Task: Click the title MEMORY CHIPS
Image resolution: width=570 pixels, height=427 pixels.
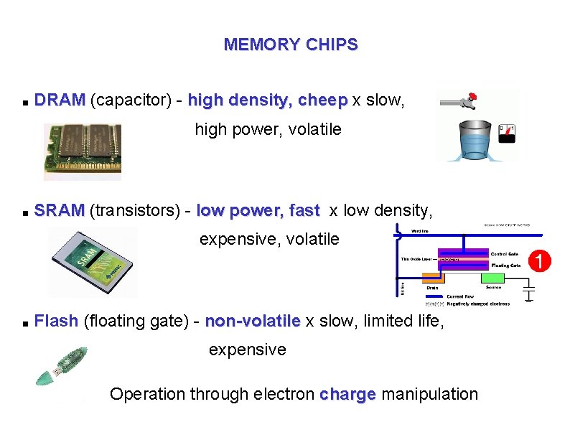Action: (291, 44)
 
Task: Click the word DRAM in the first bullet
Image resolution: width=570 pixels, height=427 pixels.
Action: (60, 100)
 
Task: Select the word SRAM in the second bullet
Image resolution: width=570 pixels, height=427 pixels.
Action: (59, 211)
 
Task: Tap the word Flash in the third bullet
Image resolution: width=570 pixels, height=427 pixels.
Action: (56, 321)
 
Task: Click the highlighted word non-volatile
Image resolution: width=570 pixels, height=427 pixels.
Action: (253, 321)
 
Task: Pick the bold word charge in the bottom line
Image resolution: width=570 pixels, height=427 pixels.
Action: (347, 394)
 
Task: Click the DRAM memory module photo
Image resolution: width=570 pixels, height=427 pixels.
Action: (83, 151)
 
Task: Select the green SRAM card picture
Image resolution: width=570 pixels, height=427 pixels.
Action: (92, 261)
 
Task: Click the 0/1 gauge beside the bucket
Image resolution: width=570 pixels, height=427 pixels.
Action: (507, 133)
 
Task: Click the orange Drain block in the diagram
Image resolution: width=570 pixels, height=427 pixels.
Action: (432, 278)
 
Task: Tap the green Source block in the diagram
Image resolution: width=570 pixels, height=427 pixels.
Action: (493, 278)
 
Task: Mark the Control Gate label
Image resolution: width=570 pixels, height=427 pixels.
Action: (505, 254)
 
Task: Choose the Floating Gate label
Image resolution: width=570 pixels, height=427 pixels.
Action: (505, 266)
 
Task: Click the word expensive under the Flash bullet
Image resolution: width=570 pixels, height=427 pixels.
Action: (247, 350)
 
